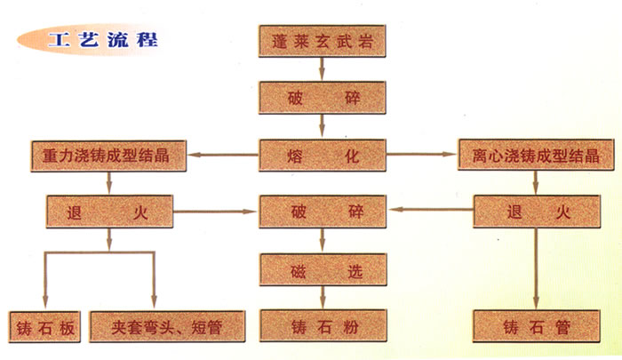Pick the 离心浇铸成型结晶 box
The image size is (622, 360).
tap(534, 155)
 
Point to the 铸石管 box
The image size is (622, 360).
tap(534, 326)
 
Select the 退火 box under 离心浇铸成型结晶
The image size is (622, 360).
tap(534, 212)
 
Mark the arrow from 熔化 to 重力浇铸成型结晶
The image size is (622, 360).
tap(227, 156)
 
